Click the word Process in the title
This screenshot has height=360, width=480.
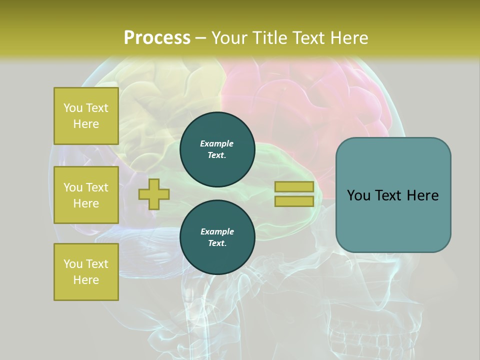coord(157,38)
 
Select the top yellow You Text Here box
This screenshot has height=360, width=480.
coord(86,116)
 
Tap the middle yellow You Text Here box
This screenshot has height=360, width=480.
coord(86,195)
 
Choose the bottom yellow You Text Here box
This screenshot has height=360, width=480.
coord(86,271)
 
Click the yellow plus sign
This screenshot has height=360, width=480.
coord(154,194)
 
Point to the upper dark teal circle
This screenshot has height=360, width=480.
coord(217,149)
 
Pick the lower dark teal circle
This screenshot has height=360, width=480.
coord(217,237)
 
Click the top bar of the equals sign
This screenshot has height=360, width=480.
coord(294,186)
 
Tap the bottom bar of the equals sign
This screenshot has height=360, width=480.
coord(294,201)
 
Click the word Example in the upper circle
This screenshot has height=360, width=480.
coord(217,143)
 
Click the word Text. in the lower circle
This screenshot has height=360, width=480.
coord(217,243)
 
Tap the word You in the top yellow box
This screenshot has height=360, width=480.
coord(72,108)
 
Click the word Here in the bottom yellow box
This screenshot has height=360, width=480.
coord(86,280)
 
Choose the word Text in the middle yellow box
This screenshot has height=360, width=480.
coord(97,187)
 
